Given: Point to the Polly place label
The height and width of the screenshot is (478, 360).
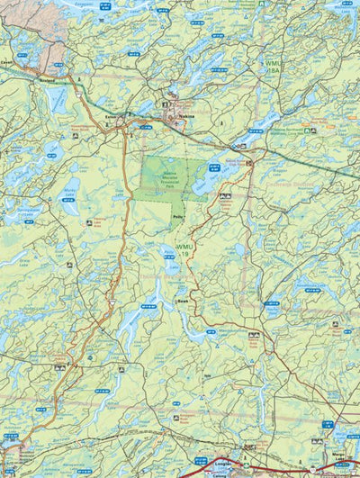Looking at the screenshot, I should [x=178, y=217].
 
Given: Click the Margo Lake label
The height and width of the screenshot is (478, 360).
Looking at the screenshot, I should [x=341, y=455].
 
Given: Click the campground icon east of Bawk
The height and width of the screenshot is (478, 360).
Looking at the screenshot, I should [x=255, y=334].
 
